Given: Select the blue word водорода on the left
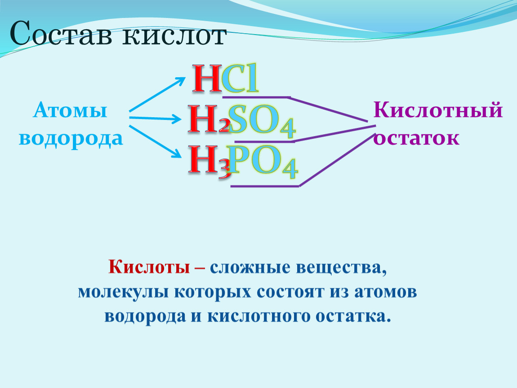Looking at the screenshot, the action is point(71,138).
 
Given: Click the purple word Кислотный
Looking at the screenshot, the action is point(438,110).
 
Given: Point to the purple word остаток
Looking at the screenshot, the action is point(416,138).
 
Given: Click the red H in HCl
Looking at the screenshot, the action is point(207,79).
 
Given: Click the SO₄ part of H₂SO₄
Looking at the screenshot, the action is point(262,121).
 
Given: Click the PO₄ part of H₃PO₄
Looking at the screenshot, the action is point(263,162).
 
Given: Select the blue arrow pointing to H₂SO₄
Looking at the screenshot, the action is point(155,118).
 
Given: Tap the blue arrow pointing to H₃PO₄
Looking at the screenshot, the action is point(155,141).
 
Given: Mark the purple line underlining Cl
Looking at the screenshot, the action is point(256,97).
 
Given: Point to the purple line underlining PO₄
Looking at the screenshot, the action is point(265,186).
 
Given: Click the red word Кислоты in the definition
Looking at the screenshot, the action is point(149,266).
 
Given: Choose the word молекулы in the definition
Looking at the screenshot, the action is point(123,292).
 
